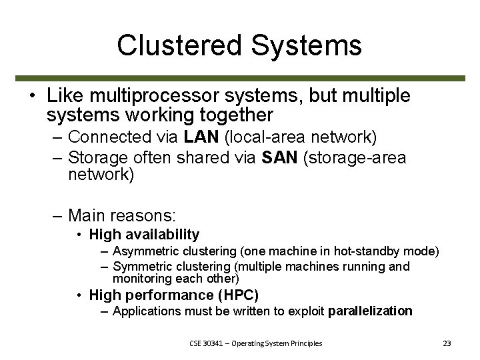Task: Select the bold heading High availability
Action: (144, 234)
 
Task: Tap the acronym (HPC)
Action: (240, 294)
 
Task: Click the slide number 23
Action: (447, 343)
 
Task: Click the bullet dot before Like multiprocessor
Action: (33, 95)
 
